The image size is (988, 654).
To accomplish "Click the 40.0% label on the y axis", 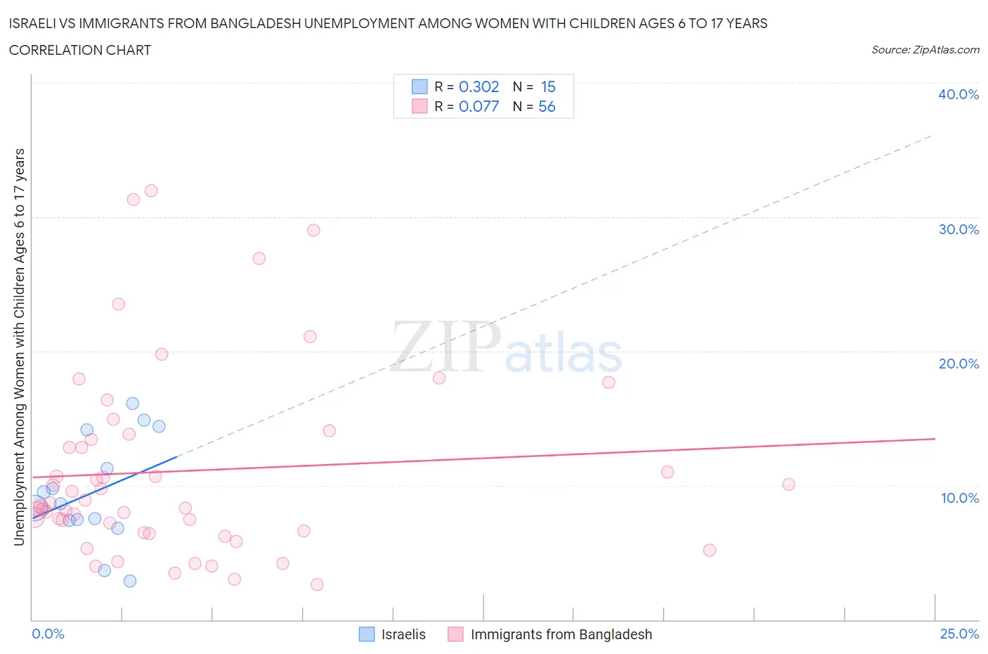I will coord(958,94).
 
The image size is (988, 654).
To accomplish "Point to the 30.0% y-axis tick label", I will coord(958,229).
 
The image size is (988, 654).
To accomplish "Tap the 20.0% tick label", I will coord(958,364).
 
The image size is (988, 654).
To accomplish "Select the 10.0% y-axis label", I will coord(959,498).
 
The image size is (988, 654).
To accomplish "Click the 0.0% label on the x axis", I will coord(48,634).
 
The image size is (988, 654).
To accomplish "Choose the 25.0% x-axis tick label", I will coord(959,634).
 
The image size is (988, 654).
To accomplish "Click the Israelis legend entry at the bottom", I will coord(403,634).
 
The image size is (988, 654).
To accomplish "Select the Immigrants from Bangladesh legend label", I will coord(561,634).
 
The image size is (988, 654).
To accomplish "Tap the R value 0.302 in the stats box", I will coord(479,86).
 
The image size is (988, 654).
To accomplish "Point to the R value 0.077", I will coord(479,106).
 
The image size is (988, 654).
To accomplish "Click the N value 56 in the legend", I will coord(547,106).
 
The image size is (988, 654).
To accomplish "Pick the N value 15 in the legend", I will coord(548,86).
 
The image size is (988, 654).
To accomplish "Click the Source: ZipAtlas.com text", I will coord(925,50).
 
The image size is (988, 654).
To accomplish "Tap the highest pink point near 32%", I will coord(150,191).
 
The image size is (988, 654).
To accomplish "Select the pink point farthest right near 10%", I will coord(788,485).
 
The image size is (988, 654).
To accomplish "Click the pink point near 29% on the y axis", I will coord(313,231).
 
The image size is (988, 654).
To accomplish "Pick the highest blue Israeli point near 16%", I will coord(132,404).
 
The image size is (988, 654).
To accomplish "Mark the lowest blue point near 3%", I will coord(130,581).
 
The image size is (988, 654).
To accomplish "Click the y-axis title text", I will coord(19,347).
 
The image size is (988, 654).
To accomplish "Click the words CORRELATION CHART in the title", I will coord(80,50).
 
